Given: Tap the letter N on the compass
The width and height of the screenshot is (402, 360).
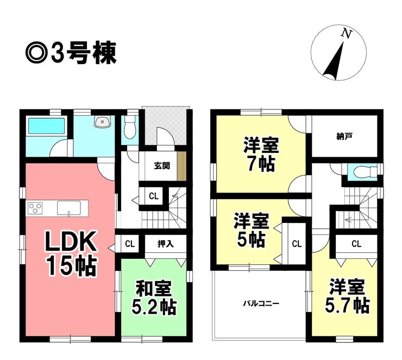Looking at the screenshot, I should point(346,34).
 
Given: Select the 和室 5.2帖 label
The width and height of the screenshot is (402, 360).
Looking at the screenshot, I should point(154,296).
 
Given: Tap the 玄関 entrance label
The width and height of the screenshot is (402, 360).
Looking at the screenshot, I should point(162,166).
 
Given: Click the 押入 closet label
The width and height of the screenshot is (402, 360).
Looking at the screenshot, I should point(165,244).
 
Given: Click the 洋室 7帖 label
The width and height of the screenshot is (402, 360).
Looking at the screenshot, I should point(261,154).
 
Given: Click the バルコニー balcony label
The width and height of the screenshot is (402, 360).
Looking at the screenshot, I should point(261,303).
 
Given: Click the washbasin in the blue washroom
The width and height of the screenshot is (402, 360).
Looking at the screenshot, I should point(102,123).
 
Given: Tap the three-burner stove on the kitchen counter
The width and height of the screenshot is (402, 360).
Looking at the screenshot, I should point(35,208).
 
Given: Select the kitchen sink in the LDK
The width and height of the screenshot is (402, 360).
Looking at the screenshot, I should point(69,208).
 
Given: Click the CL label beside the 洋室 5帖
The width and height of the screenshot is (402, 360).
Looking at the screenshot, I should point(297,244).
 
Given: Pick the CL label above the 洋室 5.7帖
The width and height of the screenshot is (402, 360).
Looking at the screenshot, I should point(356,244).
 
